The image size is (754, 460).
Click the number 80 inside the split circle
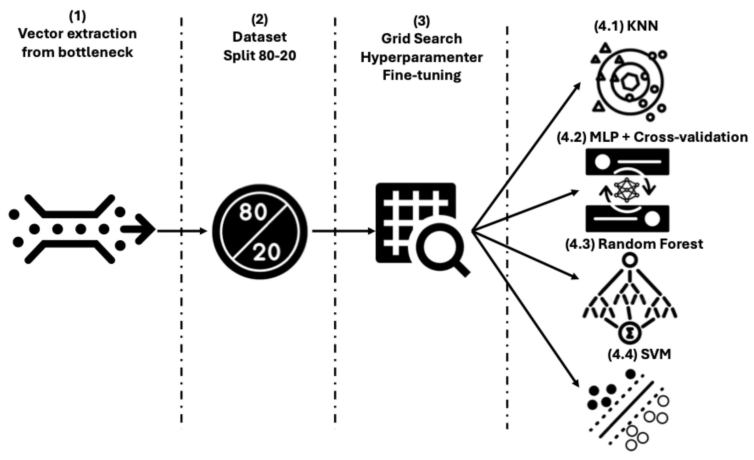253,212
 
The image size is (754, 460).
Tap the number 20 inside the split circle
266,252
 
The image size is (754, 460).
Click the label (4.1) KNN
626,26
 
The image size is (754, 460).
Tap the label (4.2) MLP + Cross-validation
652,137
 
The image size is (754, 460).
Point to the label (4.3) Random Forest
634,244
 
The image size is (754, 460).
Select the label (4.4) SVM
639,354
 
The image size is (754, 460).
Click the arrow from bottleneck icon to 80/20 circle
182,231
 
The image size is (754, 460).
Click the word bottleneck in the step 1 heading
95,53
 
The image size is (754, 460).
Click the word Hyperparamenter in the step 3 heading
421,57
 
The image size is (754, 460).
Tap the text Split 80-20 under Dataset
259,56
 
